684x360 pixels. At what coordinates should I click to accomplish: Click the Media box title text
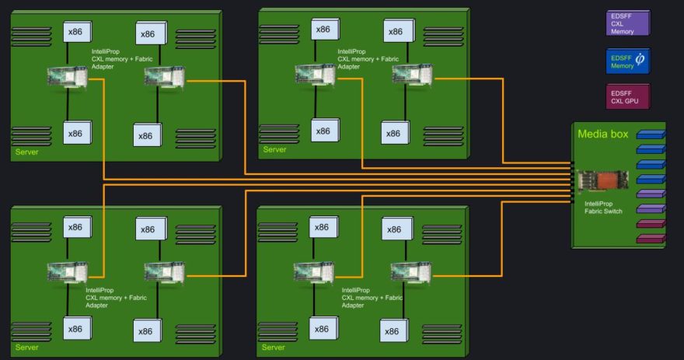coord(603,134)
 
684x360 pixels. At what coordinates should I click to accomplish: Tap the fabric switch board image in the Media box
coord(603,181)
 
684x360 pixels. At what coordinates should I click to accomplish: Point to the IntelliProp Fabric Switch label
coord(603,208)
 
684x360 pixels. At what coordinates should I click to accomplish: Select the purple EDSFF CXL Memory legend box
coord(628,23)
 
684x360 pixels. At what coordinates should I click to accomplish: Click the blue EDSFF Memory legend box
coord(628,61)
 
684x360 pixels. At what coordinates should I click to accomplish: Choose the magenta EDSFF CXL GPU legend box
coord(628,96)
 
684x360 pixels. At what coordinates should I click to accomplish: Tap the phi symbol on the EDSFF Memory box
coord(640,59)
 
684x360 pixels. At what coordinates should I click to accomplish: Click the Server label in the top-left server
coord(26,152)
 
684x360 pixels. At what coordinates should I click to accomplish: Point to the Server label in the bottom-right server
coord(273,348)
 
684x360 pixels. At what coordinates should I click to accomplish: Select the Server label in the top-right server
coord(274,149)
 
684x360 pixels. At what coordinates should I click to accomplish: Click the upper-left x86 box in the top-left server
coord(77,31)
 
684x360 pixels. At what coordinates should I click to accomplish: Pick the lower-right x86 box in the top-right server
coord(395,133)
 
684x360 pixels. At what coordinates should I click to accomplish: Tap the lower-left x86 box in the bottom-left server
coord(77,329)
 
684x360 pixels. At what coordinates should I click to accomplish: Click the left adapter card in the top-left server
coord(67,77)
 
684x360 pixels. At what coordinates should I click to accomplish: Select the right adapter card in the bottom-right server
coord(411,272)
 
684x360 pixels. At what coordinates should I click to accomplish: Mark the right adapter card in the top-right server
coord(412,75)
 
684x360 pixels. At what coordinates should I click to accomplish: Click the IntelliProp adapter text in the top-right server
coord(368,59)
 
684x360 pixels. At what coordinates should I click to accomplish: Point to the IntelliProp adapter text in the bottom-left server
coord(116,298)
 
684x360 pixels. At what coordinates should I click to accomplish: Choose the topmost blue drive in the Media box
coord(651,135)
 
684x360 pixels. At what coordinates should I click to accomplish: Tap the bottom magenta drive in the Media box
coord(651,239)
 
